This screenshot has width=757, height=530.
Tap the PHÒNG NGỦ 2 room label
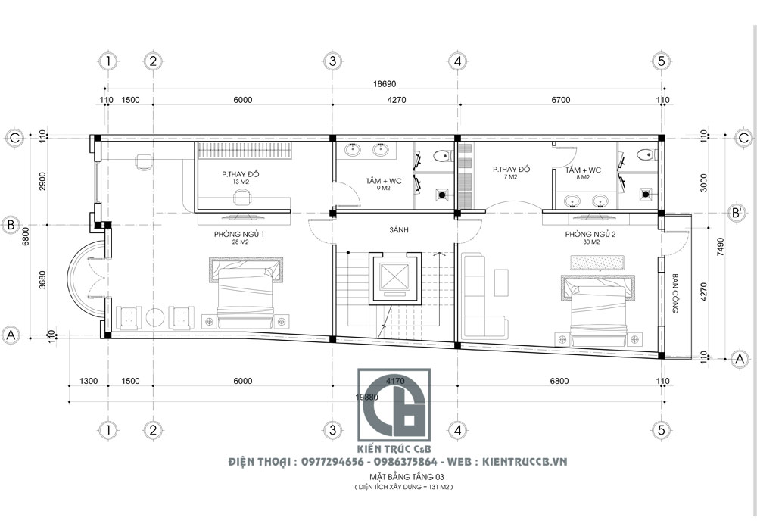[590, 235]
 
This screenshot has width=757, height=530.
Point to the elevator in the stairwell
[392, 278]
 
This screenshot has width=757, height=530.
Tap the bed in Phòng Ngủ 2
[596, 307]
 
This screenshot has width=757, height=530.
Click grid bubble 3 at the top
[331, 60]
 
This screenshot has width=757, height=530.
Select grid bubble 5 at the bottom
[660, 430]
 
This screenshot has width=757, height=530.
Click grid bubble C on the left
[13, 136]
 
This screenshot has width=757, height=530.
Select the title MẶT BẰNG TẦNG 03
[402, 477]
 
